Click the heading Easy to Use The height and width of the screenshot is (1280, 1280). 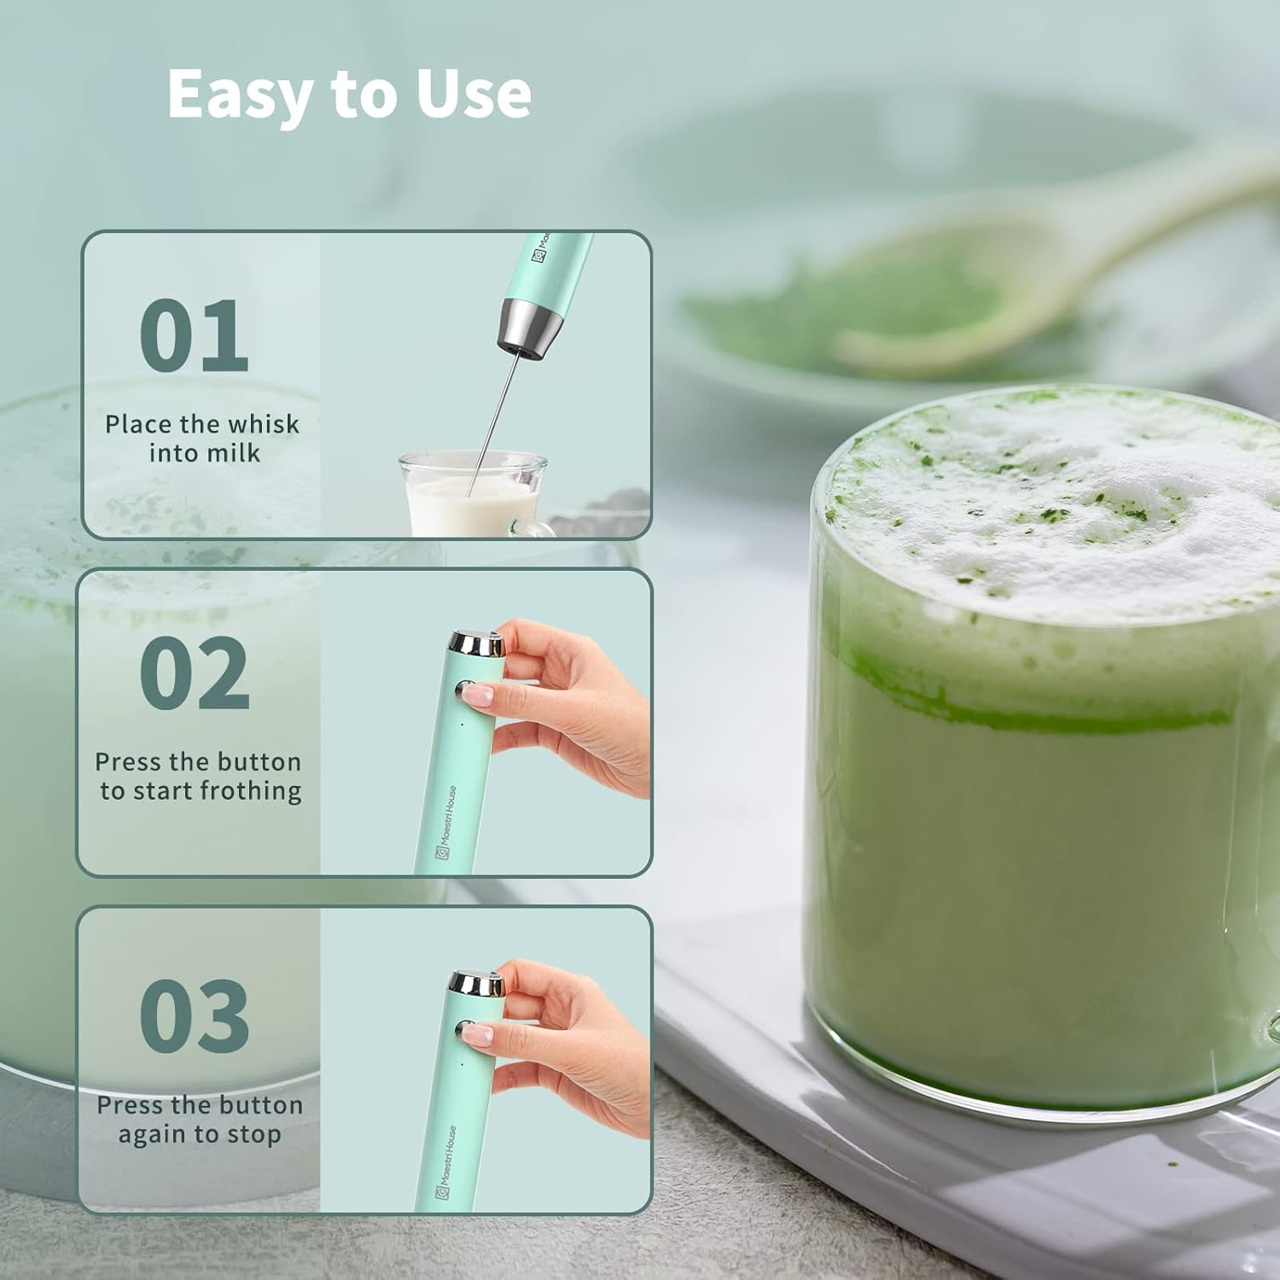pos(349,93)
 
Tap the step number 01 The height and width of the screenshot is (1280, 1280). pos(194,335)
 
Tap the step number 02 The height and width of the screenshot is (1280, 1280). pos(194,674)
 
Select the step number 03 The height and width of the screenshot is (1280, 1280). pos(194,1015)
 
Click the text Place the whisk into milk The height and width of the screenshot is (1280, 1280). pos(202,438)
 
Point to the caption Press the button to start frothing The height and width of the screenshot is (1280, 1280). pos(200,776)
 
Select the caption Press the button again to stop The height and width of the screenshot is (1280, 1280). pos(200,1120)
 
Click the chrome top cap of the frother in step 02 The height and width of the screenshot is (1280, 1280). pos(476,643)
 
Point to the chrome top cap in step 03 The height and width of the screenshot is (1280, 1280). pos(476,984)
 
